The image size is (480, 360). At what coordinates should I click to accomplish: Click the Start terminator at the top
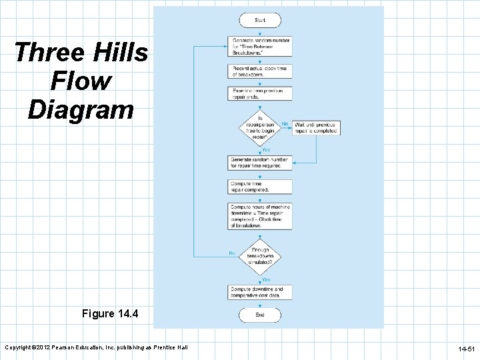click(259, 21)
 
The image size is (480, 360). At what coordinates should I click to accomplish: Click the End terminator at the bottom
click(259, 315)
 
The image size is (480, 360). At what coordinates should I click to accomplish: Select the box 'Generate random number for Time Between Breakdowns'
click(259, 46)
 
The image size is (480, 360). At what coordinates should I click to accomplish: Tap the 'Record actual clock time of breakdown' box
click(259, 71)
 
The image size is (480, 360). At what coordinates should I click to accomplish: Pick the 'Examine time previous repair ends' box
click(259, 93)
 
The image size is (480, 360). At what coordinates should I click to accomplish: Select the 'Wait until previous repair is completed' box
click(316, 127)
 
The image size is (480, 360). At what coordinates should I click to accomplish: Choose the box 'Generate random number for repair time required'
click(259, 163)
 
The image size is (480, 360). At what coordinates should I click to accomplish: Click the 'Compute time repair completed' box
click(259, 187)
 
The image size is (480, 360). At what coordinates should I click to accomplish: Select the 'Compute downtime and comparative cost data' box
click(259, 292)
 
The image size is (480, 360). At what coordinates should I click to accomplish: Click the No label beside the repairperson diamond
click(285, 123)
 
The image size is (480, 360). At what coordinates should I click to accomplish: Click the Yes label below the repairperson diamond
click(265, 149)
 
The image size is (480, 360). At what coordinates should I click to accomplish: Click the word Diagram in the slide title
click(81, 109)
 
